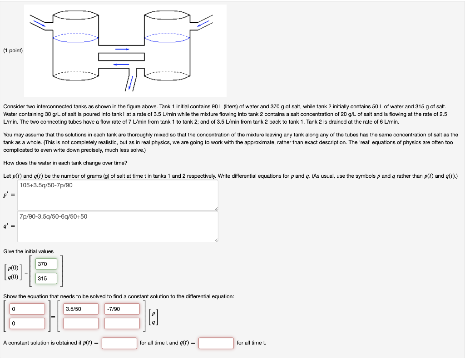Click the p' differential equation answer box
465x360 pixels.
[x=118, y=195]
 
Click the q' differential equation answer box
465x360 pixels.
[x=118, y=226]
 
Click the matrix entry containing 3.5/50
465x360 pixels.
[x=80, y=309]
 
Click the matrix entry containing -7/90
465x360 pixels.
[x=122, y=309]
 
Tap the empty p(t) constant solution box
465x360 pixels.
[x=119, y=343]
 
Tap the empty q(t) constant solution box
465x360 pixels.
[x=216, y=343]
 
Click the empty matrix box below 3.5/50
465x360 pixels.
[x=80, y=323]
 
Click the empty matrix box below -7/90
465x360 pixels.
[x=122, y=323]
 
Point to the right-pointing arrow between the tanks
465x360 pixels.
[x=122, y=49]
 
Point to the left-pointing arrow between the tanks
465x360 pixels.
[x=121, y=64]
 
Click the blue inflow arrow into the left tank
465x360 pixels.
[x=40, y=23]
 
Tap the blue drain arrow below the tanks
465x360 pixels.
[x=131, y=82]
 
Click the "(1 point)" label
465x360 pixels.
[x=13, y=50]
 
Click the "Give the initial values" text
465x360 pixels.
[x=28, y=251]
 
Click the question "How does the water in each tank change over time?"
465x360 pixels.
[x=65, y=163]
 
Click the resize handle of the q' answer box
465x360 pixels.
[x=216, y=240]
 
